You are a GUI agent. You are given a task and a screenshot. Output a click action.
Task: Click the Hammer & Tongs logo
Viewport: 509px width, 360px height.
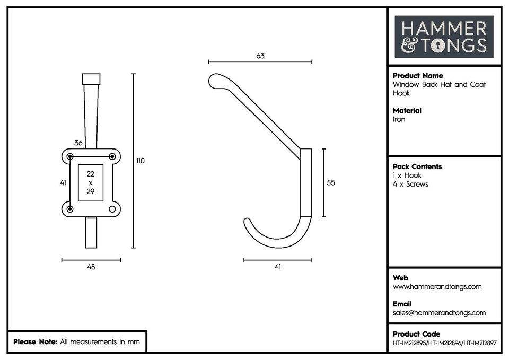tap(444, 37)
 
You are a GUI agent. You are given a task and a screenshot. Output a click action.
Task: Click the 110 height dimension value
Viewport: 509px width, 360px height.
tap(140, 161)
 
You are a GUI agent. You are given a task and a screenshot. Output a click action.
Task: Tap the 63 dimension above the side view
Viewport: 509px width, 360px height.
tap(260, 56)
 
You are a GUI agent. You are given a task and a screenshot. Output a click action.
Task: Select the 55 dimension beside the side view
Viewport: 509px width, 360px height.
tap(331, 182)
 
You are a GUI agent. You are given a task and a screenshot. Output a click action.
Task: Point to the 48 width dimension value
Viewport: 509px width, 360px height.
tap(91, 267)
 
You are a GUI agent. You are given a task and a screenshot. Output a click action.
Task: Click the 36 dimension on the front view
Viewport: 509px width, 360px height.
tap(78, 143)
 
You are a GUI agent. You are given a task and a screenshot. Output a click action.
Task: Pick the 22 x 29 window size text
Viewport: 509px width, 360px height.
tap(91, 182)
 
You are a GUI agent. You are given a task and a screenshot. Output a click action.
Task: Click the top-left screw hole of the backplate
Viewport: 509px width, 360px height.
tap(70, 156)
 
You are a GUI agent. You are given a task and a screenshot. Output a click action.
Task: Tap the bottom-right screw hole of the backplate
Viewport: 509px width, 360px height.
tap(112, 209)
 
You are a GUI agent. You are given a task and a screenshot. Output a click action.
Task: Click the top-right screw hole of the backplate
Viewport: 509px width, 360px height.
tap(112, 156)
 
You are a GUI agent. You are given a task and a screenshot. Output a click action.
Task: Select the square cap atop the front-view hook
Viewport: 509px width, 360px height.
tap(91, 79)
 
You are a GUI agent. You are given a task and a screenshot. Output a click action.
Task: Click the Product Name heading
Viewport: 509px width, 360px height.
tap(417, 76)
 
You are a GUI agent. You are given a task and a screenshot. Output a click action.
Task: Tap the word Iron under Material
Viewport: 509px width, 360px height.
tap(399, 119)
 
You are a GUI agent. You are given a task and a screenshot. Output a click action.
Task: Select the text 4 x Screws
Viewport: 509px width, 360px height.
tap(410, 184)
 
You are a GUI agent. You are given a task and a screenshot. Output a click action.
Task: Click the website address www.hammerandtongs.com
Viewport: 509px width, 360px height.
tap(437, 287)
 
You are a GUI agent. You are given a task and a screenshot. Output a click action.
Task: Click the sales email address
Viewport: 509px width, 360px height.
tap(439, 313)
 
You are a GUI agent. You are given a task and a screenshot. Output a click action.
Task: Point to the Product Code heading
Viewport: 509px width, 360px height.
tap(416, 334)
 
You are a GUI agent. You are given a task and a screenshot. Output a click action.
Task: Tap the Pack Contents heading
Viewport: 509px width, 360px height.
tap(417, 166)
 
